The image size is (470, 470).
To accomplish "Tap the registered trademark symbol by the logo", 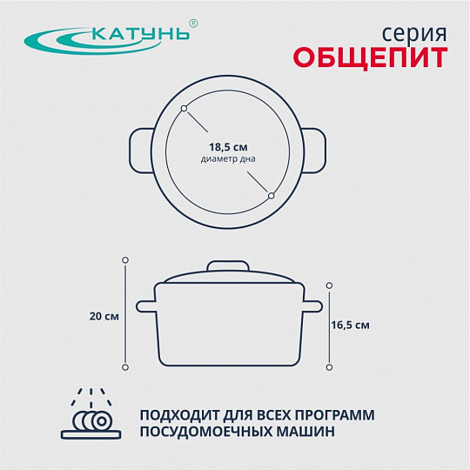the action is pos(194,23).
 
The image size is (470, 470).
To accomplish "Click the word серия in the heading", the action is pos(414,34).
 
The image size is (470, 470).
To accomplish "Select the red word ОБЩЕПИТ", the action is pos(371,57).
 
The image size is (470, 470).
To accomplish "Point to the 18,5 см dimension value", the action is pos(228,147).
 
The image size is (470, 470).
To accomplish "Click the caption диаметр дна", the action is pos(228,158).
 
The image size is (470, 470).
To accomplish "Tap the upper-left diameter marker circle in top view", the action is pos(184,108).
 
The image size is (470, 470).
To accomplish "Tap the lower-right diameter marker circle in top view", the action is pos(272,196).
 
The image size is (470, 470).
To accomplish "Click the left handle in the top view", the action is pos(142,151).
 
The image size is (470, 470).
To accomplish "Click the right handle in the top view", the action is pos(314,151).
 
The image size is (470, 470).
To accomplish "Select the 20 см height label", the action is pos(104,317).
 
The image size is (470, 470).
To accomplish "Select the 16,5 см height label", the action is pos(350,326).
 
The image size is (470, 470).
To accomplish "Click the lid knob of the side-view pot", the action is pos(228,266).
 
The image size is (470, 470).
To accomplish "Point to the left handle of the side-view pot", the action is pos(146,306).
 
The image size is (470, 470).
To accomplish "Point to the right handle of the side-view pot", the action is pos(312,306).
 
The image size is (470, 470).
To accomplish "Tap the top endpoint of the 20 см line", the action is pos(125,260).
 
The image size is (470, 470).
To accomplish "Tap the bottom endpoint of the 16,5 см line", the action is pos(329,367).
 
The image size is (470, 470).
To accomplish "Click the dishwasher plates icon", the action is pos(91,413).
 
